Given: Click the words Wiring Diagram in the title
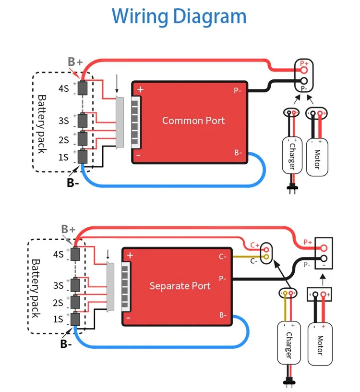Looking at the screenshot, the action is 179,16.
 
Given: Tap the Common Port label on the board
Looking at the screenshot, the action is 193,121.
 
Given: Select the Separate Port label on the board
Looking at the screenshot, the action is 180,286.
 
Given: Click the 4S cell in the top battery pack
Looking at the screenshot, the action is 83,88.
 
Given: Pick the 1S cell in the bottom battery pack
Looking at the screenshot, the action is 75,319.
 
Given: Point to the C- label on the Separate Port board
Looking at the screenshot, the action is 222,257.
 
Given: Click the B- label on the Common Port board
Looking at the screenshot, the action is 238,152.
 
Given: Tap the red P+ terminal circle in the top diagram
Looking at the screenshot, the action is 304,70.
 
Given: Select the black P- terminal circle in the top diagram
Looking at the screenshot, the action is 304,81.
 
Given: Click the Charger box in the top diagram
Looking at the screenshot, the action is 292,156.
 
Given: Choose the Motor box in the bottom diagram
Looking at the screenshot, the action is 320,344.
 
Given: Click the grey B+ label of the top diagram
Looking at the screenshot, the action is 75,61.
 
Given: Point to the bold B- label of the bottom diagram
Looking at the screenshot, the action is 66,344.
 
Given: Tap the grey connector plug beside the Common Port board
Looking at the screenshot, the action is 120,122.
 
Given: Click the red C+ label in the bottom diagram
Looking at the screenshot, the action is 255,245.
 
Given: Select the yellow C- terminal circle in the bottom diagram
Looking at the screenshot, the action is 266,257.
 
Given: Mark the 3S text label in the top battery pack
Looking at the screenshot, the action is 64,121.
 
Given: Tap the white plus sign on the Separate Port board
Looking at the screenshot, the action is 130,256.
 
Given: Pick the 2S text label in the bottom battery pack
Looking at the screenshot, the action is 58,303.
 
